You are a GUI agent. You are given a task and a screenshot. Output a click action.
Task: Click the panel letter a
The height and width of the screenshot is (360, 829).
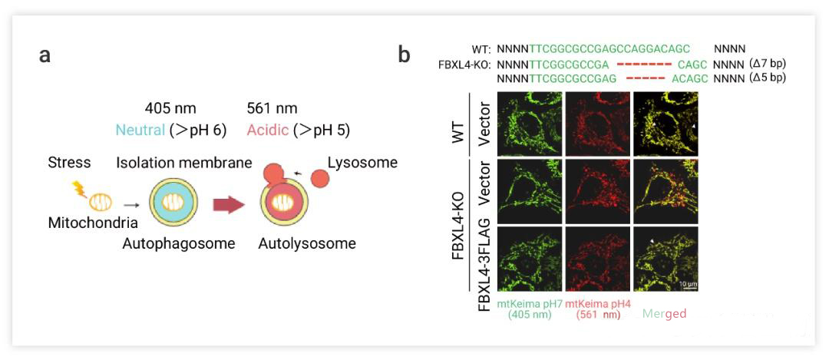click(45, 56)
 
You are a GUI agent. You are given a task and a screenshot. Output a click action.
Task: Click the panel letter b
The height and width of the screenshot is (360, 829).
click(405, 56)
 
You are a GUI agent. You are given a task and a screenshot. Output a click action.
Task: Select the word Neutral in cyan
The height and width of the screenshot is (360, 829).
click(140, 130)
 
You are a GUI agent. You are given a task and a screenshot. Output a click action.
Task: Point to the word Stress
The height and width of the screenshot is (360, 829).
click(68, 163)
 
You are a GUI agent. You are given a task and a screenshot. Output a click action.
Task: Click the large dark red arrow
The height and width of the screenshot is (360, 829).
click(228, 205)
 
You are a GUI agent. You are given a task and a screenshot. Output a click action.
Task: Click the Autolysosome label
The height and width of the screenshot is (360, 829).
click(307, 244)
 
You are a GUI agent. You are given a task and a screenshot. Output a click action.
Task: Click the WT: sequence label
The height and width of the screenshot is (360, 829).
click(481, 48)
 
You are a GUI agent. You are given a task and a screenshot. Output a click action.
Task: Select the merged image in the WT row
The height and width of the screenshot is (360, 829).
click(666, 123)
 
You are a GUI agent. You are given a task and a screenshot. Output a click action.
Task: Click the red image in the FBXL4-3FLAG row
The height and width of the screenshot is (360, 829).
click(597, 259)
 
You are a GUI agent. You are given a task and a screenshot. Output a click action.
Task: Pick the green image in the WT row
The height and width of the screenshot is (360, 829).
click(530, 123)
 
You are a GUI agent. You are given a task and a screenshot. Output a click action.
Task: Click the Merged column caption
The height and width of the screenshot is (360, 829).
click(664, 315)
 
